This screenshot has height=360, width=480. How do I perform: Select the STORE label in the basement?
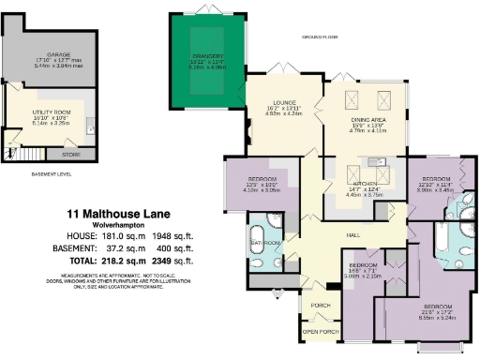coord(70,154)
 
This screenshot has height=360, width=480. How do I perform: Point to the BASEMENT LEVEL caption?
coord(50,175)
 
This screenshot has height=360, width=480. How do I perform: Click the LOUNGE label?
coord(285,102)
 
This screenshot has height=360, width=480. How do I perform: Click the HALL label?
coord(354,234)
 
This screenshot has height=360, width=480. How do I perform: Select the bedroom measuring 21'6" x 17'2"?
coord(437,307)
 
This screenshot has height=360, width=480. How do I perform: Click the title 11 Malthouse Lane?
coord(124,215)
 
